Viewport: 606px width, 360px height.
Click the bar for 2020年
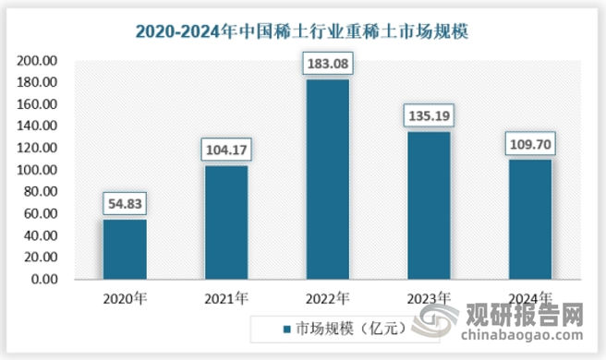click(x=124, y=249)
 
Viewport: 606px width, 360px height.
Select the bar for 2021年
click(x=225, y=222)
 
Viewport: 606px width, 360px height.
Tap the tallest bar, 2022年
click(x=327, y=179)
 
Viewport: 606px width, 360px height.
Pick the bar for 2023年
click(x=429, y=206)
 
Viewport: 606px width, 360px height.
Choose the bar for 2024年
click(x=530, y=220)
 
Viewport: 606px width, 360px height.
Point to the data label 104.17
click(x=225, y=149)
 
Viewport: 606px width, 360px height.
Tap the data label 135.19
click(x=429, y=115)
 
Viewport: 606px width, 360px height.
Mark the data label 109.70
click(x=530, y=143)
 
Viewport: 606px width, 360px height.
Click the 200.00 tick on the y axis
click(x=38, y=61)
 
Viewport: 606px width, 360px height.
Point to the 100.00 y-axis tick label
click(x=38, y=170)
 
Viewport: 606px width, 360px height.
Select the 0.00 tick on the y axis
click(x=44, y=280)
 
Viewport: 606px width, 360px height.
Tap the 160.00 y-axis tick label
click(x=38, y=104)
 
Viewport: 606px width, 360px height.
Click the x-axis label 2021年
click(x=225, y=298)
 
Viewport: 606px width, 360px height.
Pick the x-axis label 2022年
click(x=327, y=298)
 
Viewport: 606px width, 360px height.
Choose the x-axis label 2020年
click(x=124, y=298)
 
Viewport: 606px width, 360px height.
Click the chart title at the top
click(x=302, y=30)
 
